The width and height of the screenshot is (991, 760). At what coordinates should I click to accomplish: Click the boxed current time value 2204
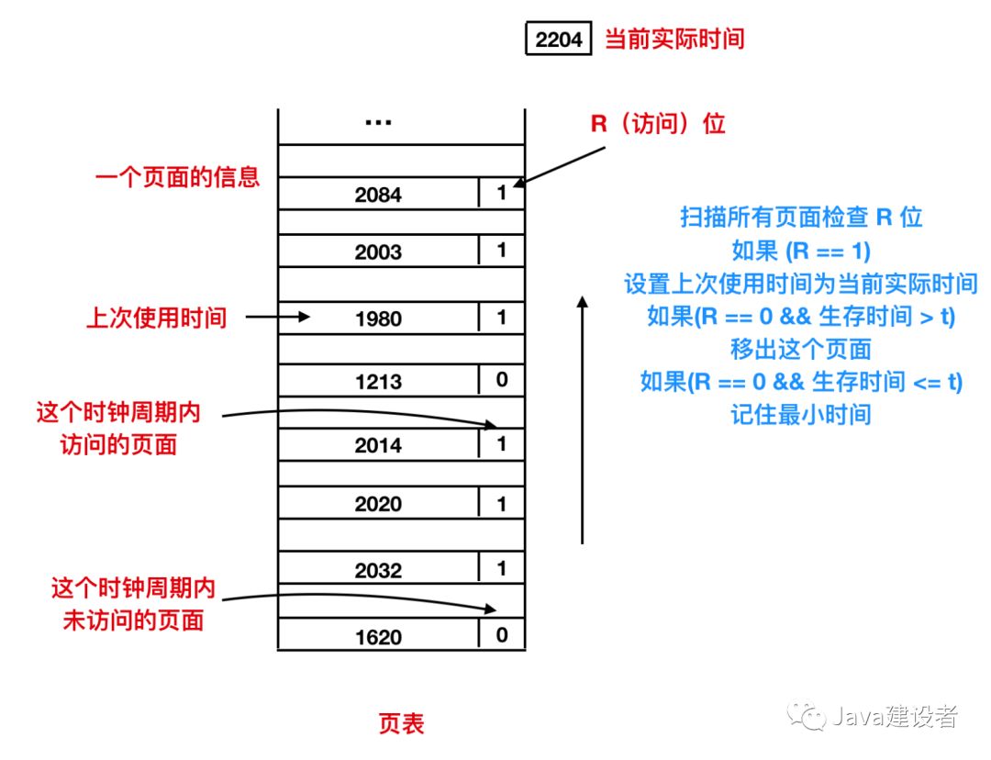pyautogui.click(x=559, y=40)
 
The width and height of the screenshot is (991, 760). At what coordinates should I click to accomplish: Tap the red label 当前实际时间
pyautogui.click(x=674, y=39)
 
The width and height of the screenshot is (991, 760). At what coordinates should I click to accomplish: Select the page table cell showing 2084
pyautogui.click(x=378, y=195)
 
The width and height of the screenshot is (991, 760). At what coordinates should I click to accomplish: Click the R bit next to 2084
pyautogui.click(x=502, y=193)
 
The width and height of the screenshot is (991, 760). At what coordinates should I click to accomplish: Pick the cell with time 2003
pyautogui.click(x=378, y=252)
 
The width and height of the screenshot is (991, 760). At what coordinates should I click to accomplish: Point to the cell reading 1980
pyautogui.click(x=378, y=319)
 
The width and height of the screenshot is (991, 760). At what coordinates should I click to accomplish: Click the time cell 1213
pyautogui.click(x=378, y=381)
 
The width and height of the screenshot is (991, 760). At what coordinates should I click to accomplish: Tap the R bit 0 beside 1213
pyautogui.click(x=502, y=379)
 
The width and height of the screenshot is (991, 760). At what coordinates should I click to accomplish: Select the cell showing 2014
pyautogui.click(x=378, y=445)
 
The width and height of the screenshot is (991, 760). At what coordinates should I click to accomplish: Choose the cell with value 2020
pyautogui.click(x=378, y=504)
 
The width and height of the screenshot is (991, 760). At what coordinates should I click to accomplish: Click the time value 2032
pyautogui.click(x=378, y=570)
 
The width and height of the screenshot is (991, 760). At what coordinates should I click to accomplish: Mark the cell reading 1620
pyautogui.click(x=378, y=636)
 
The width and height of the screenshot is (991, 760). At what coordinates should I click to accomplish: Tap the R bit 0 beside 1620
pyautogui.click(x=502, y=634)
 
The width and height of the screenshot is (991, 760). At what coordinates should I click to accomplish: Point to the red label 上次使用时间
pyautogui.click(x=156, y=319)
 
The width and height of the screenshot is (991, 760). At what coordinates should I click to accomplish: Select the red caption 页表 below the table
pyautogui.click(x=402, y=723)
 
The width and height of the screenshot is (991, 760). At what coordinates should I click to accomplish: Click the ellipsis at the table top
pyautogui.click(x=378, y=122)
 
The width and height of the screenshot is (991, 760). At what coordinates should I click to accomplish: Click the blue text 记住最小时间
pyautogui.click(x=800, y=415)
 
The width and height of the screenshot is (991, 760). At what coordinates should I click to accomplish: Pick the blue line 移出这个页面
pyautogui.click(x=800, y=349)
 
